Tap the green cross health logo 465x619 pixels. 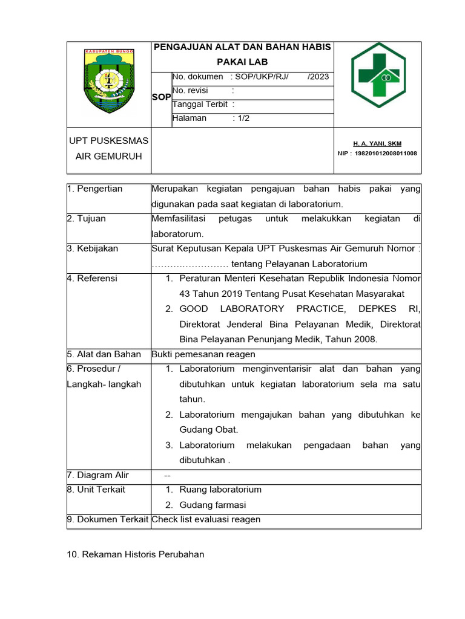coord(379,75)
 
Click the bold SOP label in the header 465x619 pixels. coord(162,97)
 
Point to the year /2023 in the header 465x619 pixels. coord(318,77)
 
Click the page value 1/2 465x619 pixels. coord(243,118)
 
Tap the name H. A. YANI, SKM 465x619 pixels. coord(377,144)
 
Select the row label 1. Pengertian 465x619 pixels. coord(95,189)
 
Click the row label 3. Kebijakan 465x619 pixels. coord(93,248)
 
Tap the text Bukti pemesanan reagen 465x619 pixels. coord(203,354)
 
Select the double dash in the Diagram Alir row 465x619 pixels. coord(168,475)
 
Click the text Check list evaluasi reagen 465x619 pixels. coord(206,519)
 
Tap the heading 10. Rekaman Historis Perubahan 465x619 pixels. coord(136,554)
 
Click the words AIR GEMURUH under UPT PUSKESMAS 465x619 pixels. coord(108,156)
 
